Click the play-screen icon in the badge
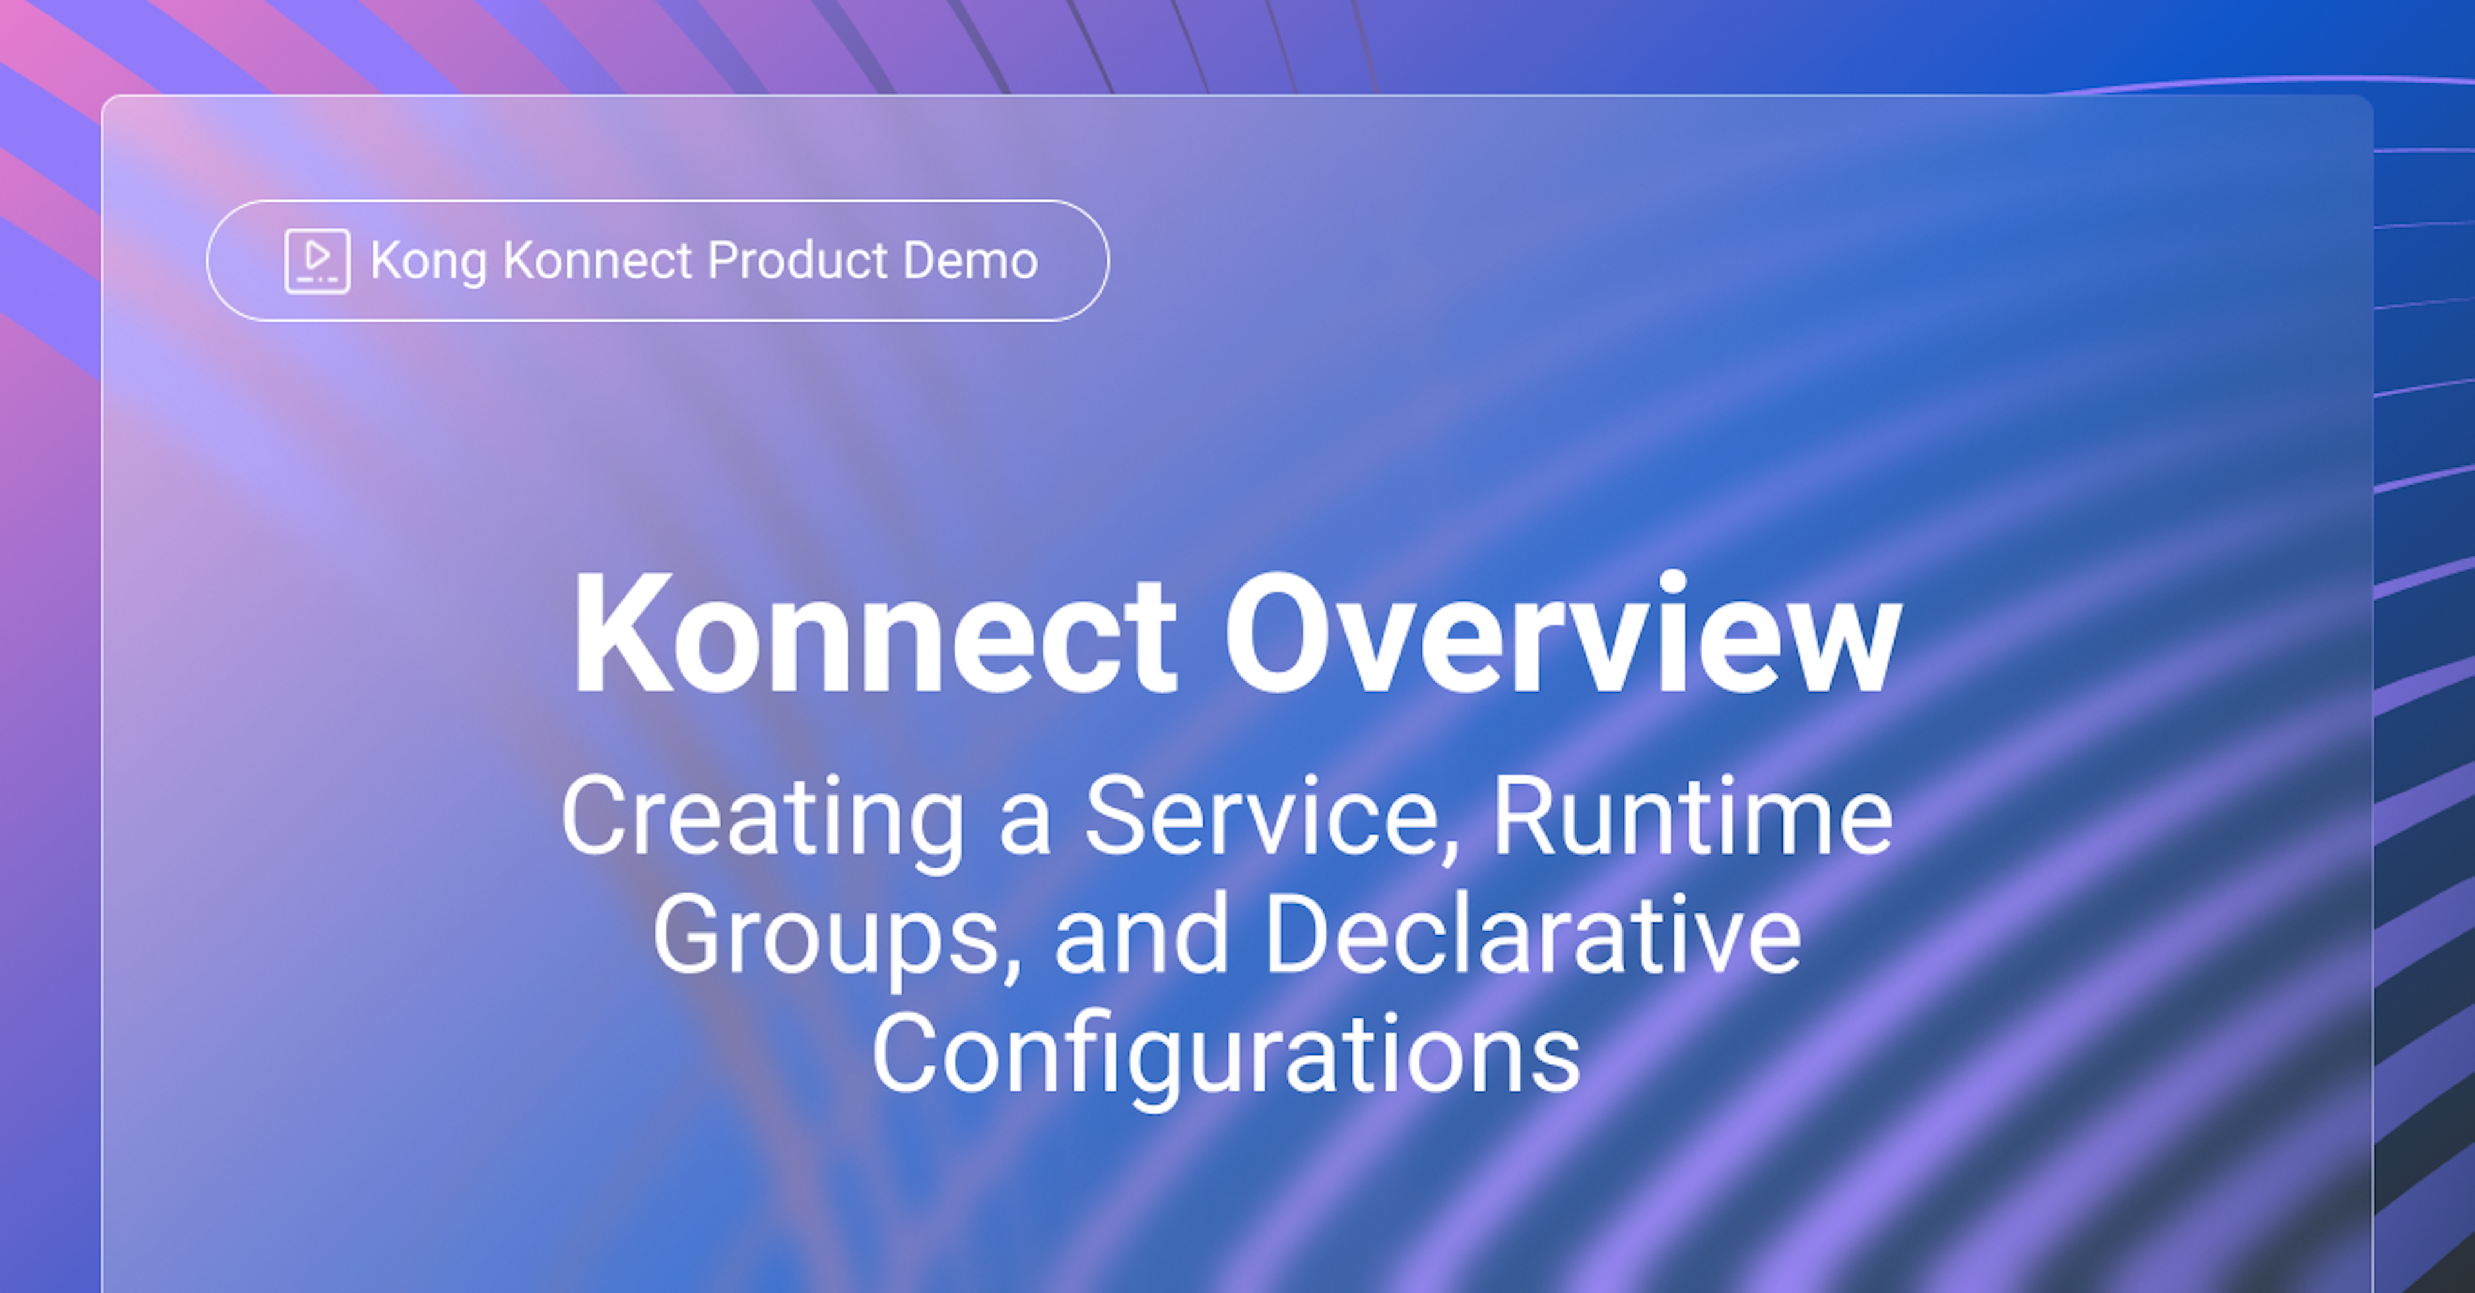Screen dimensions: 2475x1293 317,260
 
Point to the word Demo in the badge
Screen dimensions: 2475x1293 971,260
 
